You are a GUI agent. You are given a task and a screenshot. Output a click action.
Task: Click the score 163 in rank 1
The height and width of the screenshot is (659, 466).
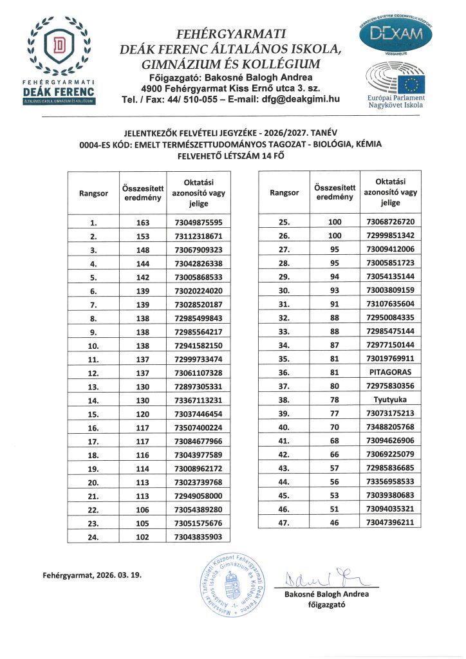(x=142, y=223)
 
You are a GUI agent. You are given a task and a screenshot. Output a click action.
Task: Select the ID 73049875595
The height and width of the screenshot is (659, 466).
(x=198, y=223)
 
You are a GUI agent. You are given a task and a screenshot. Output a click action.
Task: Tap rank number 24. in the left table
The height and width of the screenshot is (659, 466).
(x=93, y=537)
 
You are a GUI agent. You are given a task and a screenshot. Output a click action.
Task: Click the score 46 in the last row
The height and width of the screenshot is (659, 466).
(x=333, y=523)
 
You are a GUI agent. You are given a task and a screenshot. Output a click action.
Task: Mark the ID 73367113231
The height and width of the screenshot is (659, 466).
(x=198, y=400)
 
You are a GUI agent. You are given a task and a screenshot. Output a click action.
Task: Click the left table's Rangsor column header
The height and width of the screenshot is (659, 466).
(x=93, y=192)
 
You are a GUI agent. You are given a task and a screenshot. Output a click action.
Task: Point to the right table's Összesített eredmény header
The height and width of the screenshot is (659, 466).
(x=333, y=192)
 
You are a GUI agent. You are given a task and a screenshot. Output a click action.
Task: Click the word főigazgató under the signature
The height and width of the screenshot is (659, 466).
(x=327, y=605)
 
